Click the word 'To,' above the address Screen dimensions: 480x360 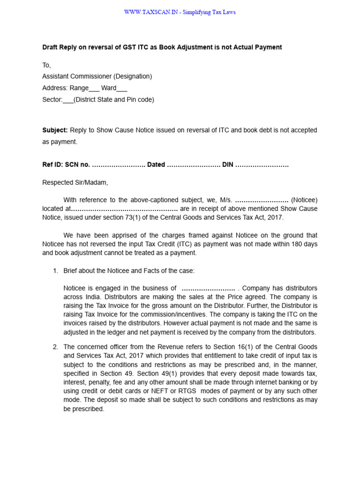point(46,65)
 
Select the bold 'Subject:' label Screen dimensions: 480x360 point(55,130)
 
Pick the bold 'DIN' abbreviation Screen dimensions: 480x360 point(227,165)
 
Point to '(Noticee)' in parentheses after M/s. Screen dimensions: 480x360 point(304,200)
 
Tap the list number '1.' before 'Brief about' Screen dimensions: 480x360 point(55,270)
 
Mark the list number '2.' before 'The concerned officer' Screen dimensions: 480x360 point(55,347)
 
